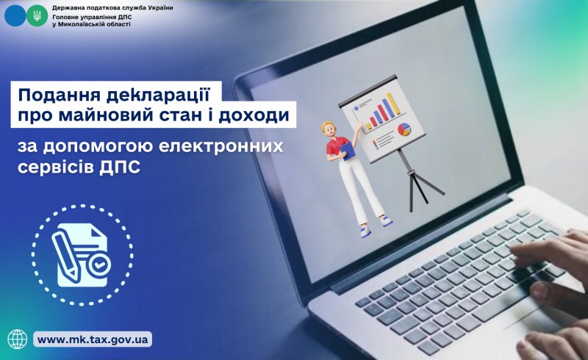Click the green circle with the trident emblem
coord(34,15)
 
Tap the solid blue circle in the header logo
coord(15,15)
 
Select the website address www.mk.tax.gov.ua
coord(93,339)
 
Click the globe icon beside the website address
coord(17,339)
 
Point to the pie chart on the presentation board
coord(403,130)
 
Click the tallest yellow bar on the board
coord(395,103)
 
